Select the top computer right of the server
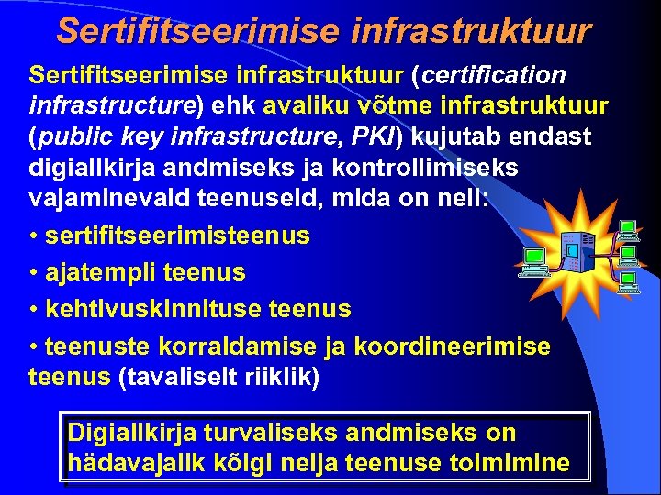point(628,229)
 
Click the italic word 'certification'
point(487,73)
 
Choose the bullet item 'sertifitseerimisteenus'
point(177,236)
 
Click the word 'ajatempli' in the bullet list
point(98,272)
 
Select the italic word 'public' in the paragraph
point(76,137)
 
